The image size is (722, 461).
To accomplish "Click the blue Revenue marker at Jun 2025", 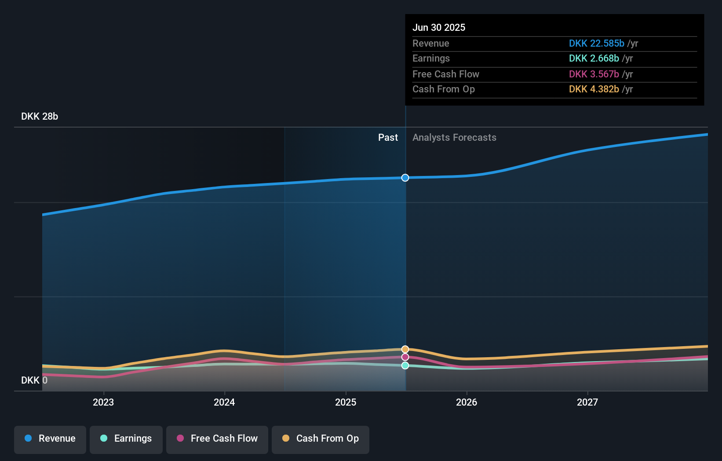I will pos(405,178).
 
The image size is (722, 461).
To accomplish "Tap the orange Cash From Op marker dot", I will pos(405,349).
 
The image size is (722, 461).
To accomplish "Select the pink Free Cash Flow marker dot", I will pos(405,357).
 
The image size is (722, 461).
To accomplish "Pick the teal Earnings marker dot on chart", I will pos(405,366).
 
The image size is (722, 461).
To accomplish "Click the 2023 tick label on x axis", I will pos(103,402).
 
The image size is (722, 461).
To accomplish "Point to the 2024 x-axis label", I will pos(224,402).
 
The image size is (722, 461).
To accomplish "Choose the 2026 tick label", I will pos(467,402).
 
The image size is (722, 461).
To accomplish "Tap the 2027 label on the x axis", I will pos(587,402).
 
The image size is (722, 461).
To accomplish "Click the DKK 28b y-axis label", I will pos(40,116).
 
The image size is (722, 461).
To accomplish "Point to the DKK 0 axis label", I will pos(34,380).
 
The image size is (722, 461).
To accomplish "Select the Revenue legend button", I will pos(50,439).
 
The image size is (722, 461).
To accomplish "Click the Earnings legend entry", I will pos(126,439).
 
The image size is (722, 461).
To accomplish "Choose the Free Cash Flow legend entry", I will pos(217,439).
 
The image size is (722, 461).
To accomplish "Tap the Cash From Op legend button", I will pos(321,439).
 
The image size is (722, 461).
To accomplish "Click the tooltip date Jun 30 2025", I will pos(439,27).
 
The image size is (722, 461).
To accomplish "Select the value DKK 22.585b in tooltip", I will pos(596,43).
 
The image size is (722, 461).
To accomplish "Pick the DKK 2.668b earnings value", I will pos(594,59).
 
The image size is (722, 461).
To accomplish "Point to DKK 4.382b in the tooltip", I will pos(594,89).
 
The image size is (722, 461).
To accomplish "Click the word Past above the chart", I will pos(388,137).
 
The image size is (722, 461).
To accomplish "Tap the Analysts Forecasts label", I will pos(454,137).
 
